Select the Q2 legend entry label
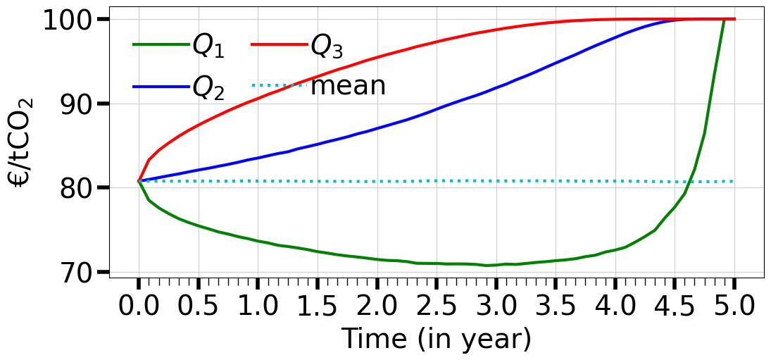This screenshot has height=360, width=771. point(208,87)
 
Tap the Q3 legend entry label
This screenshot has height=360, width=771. point(327,46)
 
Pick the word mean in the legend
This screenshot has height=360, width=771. point(348,86)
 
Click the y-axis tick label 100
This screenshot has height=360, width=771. point(73,19)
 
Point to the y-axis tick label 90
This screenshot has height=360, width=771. point(82,104)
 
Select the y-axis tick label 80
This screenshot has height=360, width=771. point(82,187)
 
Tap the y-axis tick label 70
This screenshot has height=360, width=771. point(82,272)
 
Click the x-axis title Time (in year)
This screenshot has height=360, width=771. point(436,340)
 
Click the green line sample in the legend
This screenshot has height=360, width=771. point(158,46)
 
